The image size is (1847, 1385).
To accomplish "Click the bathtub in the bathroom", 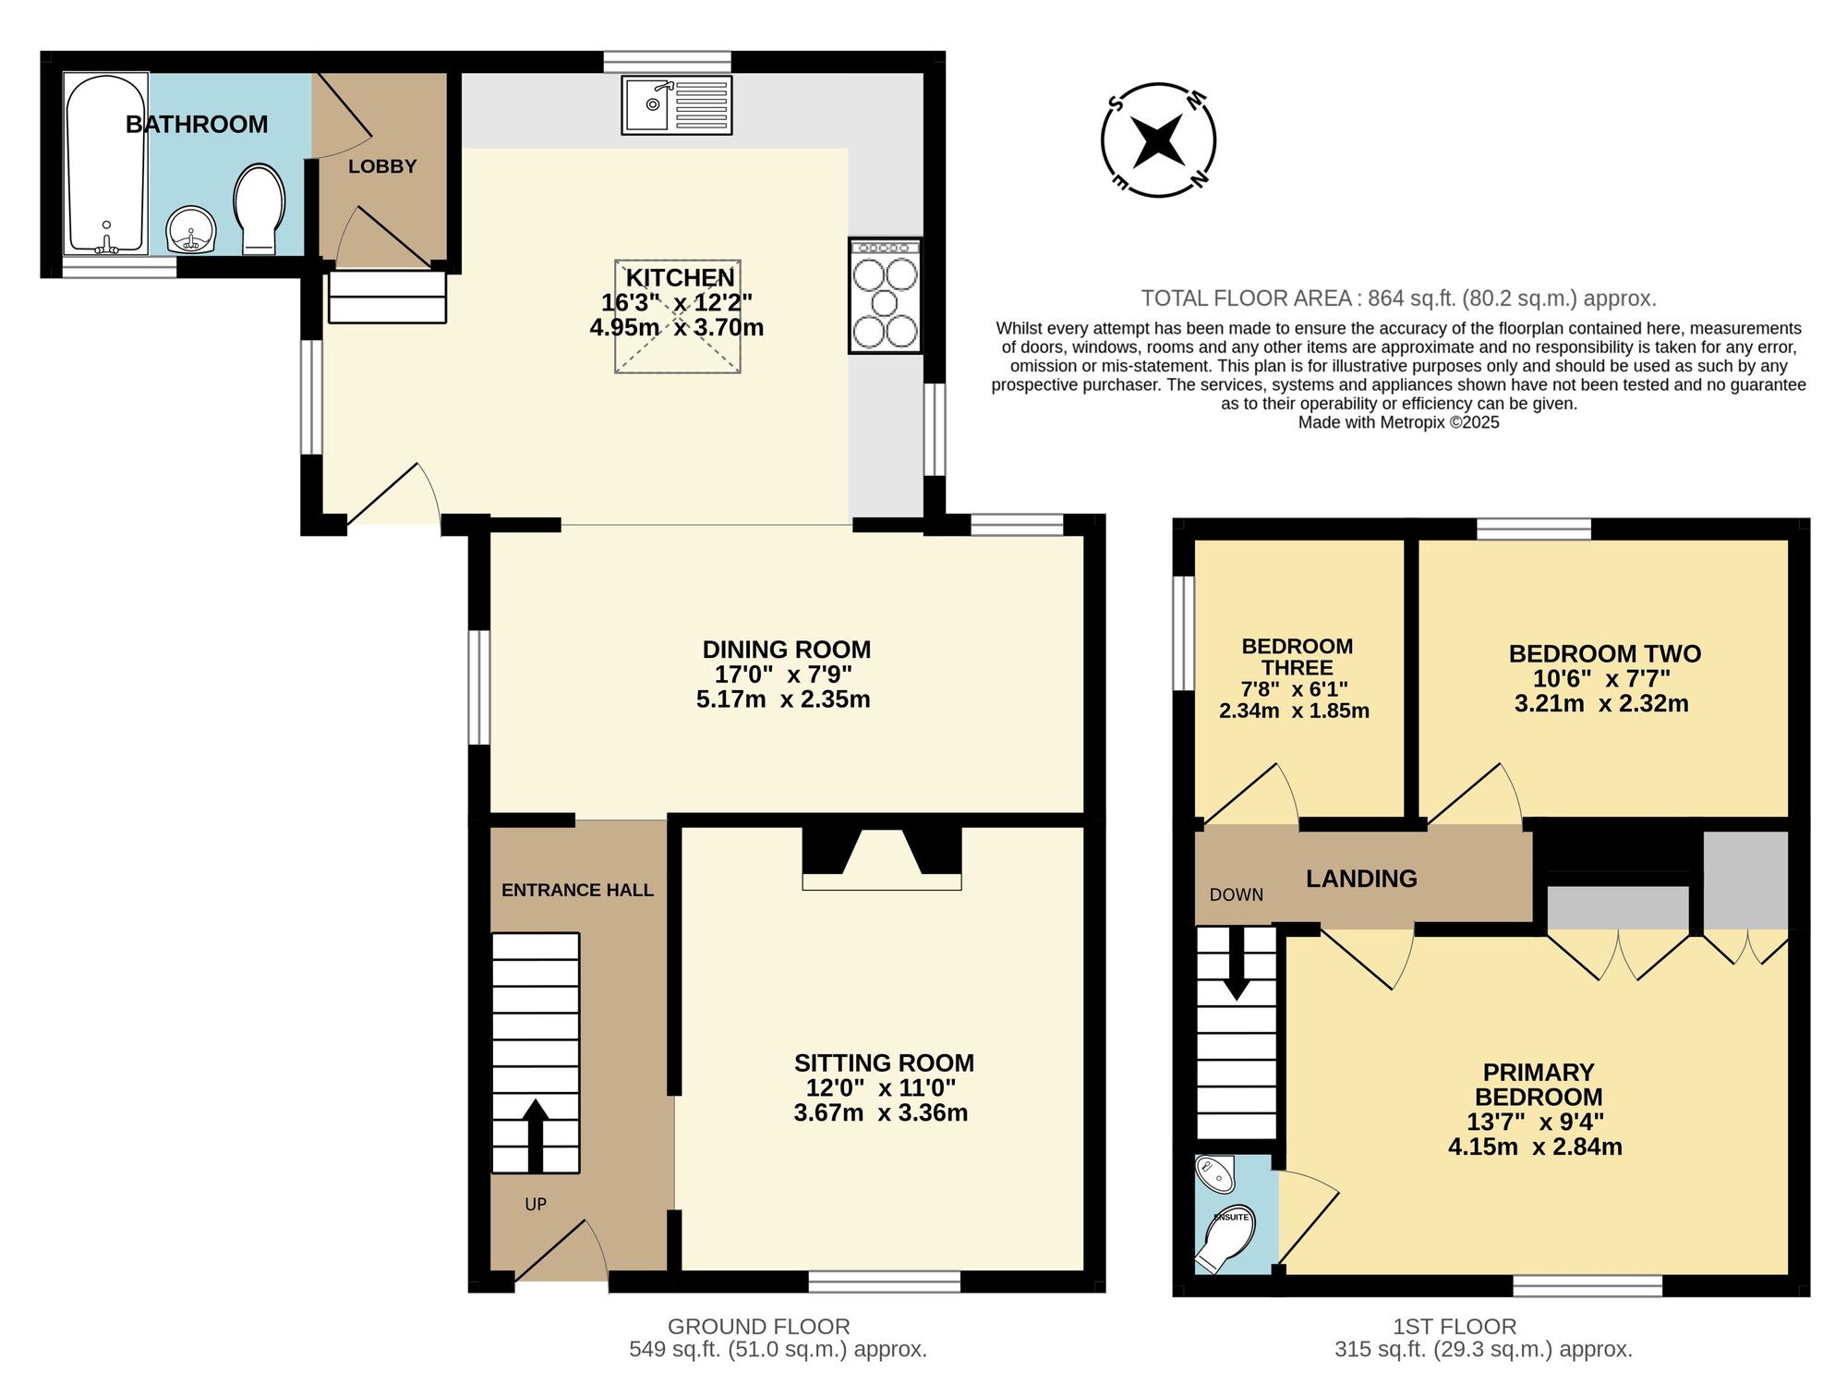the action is pyautogui.click(x=105, y=164).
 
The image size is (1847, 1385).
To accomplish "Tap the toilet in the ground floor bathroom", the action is pyautogui.click(x=260, y=210).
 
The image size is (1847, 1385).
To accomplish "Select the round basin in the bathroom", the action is pyautogui.click(x=191, y=229).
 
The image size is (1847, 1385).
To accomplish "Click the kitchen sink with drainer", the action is pyautogui.click(x=677, y=105).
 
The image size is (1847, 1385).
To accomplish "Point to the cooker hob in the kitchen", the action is pyautogui.click(x=885, y=296).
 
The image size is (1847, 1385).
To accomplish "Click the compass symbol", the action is pyautogui.click(x=1158, y=140).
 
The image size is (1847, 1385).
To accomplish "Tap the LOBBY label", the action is pyautogui.click(x=382, y=166).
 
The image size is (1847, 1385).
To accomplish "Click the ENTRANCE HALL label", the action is pyautogui.click(x=577, y=890).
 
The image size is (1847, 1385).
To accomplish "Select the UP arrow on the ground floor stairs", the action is pyautogui.click(x=535, y=1135).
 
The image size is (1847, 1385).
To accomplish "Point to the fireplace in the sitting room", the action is pyautogui.click(x=882, y=858).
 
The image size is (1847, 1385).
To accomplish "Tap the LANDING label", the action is pyautogui.click(x=1361, y=879).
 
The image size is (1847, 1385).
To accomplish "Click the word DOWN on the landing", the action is pyautogui.click(x=1237, y=894).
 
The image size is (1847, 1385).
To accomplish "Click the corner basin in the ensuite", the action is pyautogui.click(x=1214, y=1173).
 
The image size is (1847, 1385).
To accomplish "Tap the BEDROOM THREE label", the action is pyautogui.click(x=1298, y=657).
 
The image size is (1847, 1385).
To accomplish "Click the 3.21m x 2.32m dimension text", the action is pyautogui.click(x=1601, y=704).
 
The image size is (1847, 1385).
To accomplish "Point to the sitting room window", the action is pyautogui.click(x=884, y=1282).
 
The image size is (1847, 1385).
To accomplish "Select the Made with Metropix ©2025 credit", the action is pyautogui.click(x=1398, y=423).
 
